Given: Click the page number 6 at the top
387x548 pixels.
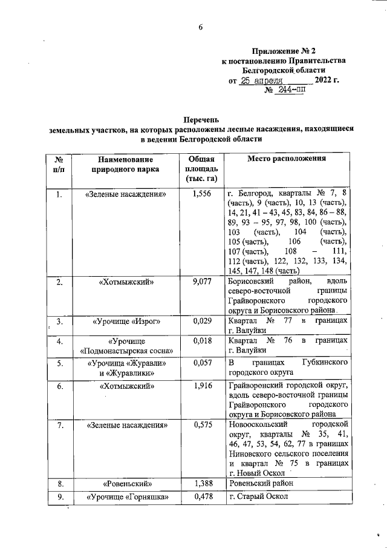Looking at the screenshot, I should coord(201,26).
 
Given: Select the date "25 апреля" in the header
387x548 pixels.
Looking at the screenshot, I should coord(262,80).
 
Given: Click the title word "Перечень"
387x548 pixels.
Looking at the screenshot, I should coord(201,119).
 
